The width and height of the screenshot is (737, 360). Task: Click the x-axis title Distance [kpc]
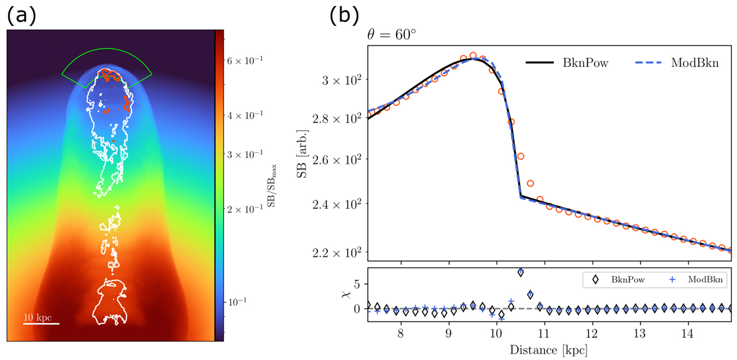coord(549,351)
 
